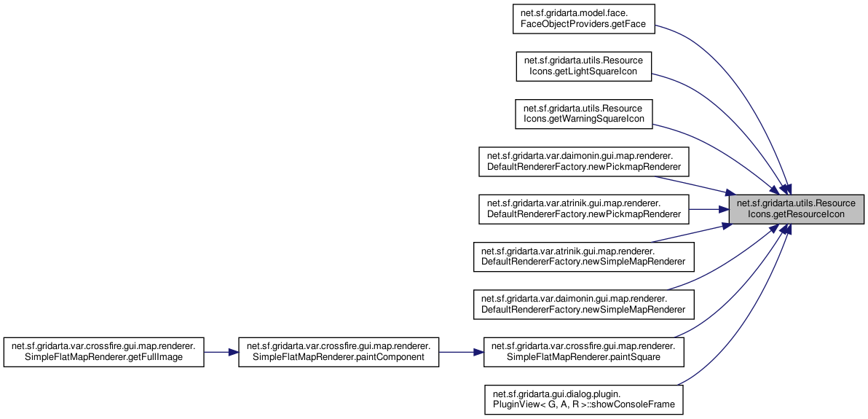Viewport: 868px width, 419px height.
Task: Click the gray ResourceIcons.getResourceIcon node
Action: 797,210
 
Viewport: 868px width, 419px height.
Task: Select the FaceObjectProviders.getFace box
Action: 584,20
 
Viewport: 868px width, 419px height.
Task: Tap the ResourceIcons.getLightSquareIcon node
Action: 583,67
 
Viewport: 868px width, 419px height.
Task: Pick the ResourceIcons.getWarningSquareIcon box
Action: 583,114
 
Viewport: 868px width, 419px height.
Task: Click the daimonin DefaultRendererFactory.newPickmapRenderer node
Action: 583,162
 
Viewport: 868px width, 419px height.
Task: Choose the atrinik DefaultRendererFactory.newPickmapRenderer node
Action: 583,210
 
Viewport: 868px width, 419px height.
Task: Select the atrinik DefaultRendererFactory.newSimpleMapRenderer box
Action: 583,257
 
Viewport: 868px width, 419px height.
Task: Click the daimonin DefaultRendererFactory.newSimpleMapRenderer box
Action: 583,305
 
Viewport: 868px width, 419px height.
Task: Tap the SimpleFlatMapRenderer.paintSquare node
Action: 583,352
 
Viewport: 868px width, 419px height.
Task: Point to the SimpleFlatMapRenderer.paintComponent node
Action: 339,352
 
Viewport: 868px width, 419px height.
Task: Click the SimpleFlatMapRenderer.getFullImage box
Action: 104,352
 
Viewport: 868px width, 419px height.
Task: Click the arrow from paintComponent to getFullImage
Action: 221,352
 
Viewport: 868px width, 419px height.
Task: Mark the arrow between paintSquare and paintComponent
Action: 461,352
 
